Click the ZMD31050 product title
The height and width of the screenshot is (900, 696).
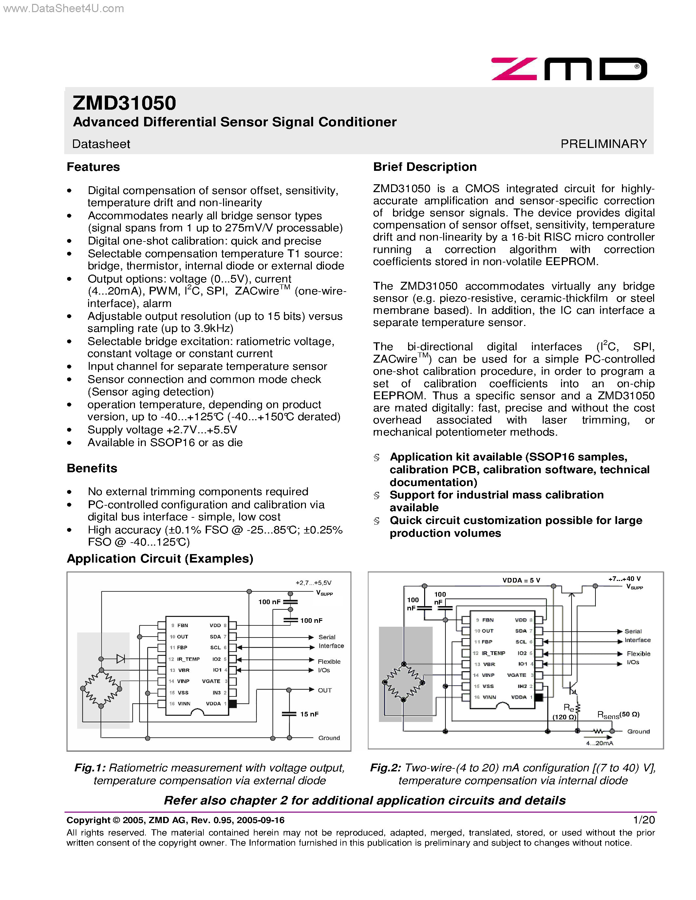click(x=124, y=103)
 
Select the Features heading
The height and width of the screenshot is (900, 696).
click(x=93, y=167)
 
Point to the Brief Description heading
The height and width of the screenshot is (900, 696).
click(x=425, y=167)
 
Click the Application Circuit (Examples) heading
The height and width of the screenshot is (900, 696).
click(x=160, y=559)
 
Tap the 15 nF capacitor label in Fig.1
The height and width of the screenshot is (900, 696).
click(x=309, y=714)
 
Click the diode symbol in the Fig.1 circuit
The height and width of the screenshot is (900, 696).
click(x=121, y=659)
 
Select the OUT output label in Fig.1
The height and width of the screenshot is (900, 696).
click(x=325, y=690)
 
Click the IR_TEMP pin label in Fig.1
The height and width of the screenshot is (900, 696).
click(x=188, y=659)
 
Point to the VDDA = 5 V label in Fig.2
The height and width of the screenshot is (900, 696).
click(x=521, y=580)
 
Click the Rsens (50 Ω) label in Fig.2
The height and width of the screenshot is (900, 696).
click(x=618, y=715)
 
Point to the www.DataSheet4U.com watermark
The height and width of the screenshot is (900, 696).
click(x=63, y=8)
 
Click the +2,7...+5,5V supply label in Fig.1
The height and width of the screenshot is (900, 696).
click(x=313, y=583)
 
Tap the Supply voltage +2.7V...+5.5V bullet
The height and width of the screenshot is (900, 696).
click(x=162, y=430)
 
